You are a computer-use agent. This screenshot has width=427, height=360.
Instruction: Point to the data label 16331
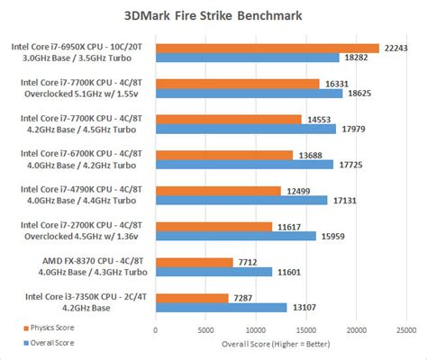tap(336, 83)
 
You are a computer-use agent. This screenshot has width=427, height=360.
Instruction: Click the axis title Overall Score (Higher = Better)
tap(280, 343)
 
